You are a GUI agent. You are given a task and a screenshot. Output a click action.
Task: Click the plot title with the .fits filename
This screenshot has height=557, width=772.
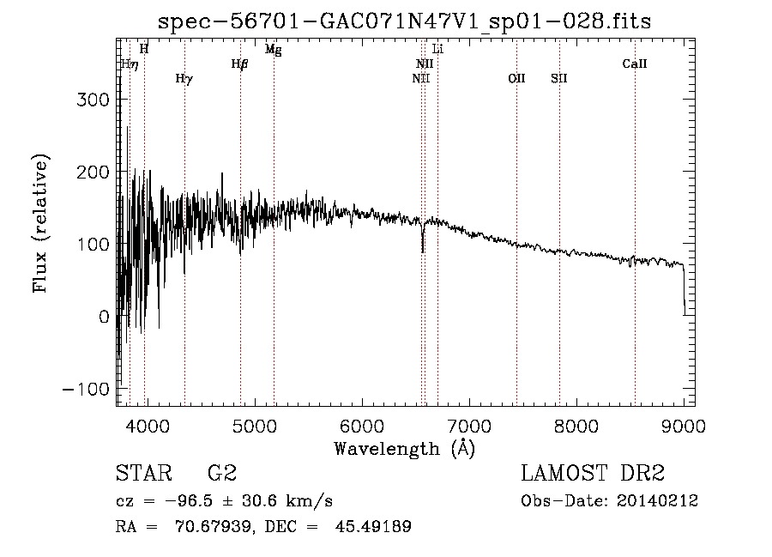click(404, 21)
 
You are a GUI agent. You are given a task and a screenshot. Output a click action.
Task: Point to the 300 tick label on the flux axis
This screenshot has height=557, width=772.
click(93, 100)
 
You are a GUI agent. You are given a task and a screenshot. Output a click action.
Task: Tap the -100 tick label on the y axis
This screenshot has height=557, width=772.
click(86, 390)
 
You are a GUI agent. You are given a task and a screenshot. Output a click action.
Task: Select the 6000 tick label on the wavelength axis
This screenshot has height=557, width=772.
click(362, 426)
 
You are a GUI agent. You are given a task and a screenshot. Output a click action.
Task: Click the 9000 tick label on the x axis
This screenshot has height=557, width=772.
click(684, 426)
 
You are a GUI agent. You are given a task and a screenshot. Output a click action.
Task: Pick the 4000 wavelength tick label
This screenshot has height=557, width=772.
click(148, 426)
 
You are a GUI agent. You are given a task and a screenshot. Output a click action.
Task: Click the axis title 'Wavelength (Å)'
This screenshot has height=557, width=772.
click(405, 449)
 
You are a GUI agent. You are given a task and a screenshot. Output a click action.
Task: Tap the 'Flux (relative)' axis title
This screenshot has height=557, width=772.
click(40, 224)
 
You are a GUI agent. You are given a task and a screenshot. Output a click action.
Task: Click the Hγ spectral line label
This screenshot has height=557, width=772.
click(184, 79)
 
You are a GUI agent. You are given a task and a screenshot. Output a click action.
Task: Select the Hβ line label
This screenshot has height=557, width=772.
click(240, 64)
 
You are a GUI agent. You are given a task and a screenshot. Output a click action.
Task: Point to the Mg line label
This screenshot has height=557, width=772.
click(274, 50)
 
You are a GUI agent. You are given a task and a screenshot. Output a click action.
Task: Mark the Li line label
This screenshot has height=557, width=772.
click(437, 49)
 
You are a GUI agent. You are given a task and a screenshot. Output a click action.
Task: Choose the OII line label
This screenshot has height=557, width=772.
click(517, 78)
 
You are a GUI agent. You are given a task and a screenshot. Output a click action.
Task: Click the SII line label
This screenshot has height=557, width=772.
click(559, 78)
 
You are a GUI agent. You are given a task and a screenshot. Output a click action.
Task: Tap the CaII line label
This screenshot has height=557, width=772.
click(635, 64)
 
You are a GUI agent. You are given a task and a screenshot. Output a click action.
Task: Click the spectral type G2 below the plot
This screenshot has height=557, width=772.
click(222, 473)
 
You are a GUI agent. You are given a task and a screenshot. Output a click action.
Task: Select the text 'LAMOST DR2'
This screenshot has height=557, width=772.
click(593, 473)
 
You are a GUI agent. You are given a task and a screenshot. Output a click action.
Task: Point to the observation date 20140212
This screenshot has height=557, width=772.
click(657, 501)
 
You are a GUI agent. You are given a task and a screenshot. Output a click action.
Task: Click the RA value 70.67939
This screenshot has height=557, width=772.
click(212, 526)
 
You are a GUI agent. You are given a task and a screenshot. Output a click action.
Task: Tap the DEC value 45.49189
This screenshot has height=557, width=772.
click(373, 526)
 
